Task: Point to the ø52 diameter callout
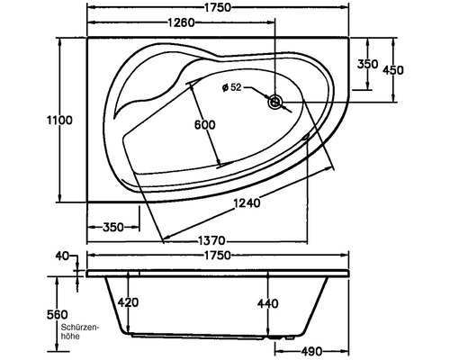[232, 87]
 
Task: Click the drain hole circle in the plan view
[275, 103]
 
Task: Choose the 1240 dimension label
[245, 203]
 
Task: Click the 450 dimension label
[393, 70]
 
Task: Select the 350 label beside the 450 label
[366, 64]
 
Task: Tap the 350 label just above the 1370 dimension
[112, 228]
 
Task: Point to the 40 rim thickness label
[62, 256]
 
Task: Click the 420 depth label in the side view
[128, 303]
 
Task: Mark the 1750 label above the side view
[214, 255]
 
